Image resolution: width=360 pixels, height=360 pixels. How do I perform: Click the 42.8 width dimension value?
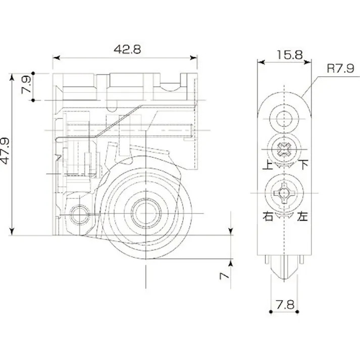[126, 49]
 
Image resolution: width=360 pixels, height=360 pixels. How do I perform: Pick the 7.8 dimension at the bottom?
[285, 305]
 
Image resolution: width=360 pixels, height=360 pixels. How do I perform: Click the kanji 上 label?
[266, 165]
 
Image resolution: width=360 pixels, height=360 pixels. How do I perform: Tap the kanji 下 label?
[304, 164]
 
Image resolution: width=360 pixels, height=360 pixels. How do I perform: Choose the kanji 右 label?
[267, 217]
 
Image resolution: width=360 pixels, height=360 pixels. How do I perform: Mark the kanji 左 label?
[303, 217]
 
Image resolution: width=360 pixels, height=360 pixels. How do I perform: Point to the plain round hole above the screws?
[285, 119]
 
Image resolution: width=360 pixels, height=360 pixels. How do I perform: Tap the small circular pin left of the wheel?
[79, 215]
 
